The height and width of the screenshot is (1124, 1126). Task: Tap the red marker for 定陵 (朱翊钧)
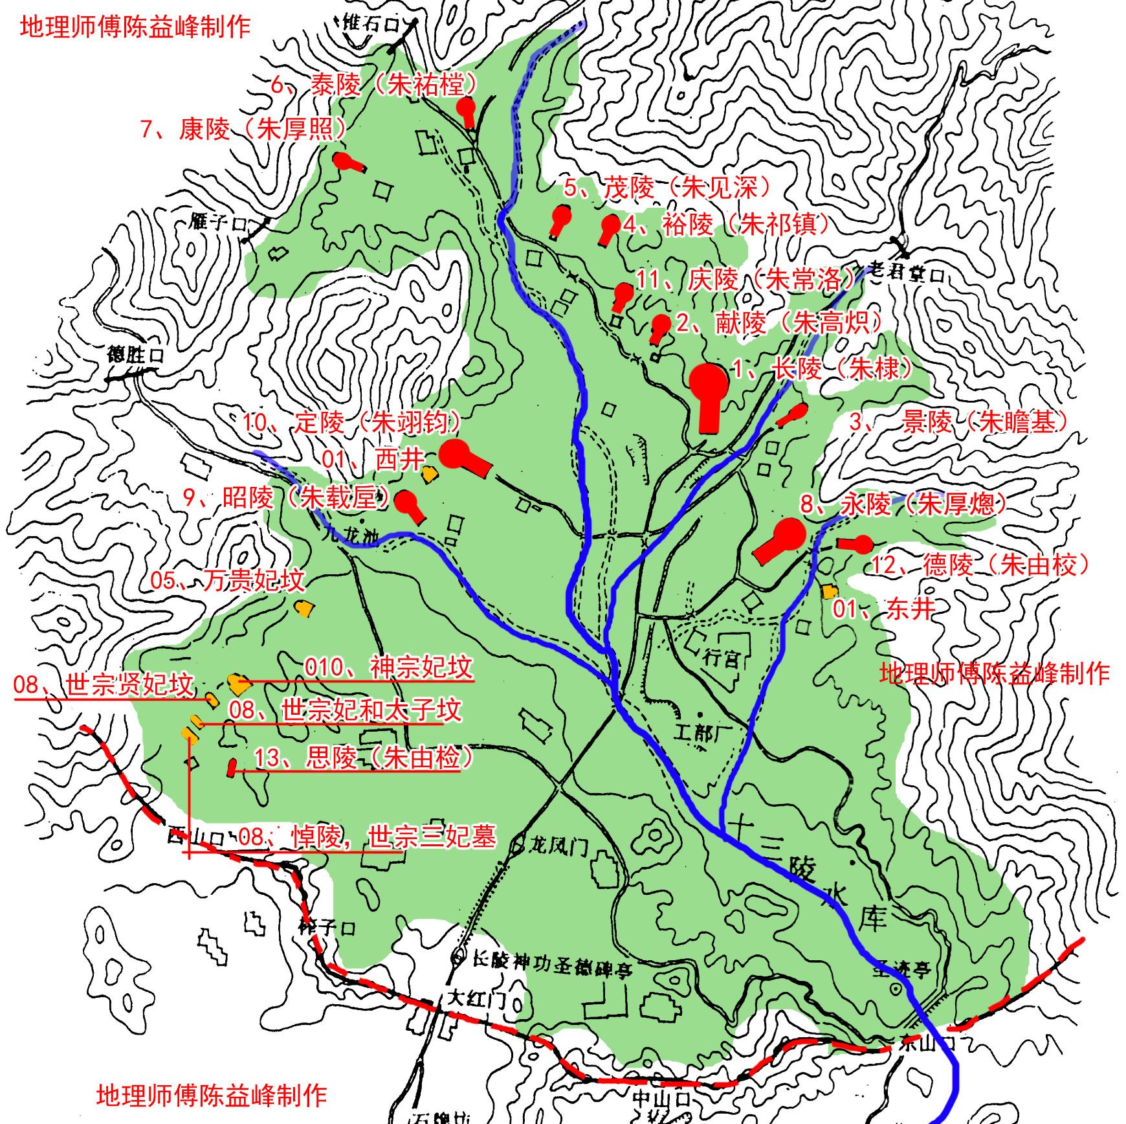[461, 456]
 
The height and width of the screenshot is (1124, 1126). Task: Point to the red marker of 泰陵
[466, 110]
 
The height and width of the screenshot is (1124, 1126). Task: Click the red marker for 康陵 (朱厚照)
[346, 162]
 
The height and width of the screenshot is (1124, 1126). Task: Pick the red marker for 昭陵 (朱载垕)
[408, 504]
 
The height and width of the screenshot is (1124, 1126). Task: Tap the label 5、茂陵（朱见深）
[667, 188]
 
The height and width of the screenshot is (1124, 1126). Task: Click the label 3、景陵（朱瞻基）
[958, 422]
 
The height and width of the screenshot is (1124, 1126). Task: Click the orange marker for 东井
[829, 591]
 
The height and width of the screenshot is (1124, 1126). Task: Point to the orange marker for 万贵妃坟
[304, 608]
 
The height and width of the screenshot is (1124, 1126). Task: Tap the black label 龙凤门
[558, 845]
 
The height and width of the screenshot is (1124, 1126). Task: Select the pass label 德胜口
[135, 355]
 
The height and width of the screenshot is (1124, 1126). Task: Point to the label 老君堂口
[906, 272]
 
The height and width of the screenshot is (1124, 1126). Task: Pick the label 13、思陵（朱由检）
[362, 758]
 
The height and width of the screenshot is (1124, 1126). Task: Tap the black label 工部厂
[702, 732]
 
